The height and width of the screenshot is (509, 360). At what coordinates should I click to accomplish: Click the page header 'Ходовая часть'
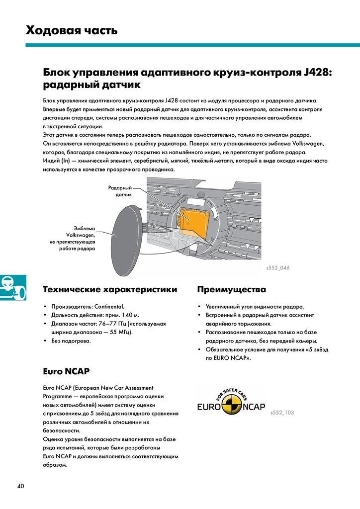(72, 31)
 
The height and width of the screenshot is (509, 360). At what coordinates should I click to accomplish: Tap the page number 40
(20, 486)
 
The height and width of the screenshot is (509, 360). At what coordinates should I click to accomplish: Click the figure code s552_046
(277, 268)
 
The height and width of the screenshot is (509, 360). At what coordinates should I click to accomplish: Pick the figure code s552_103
(282, 413)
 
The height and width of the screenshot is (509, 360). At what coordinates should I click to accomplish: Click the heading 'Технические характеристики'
(110, 289)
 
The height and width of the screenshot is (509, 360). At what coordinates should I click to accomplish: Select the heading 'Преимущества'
(231, 289)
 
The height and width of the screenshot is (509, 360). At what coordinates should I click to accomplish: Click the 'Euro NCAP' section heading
(66, 371)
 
